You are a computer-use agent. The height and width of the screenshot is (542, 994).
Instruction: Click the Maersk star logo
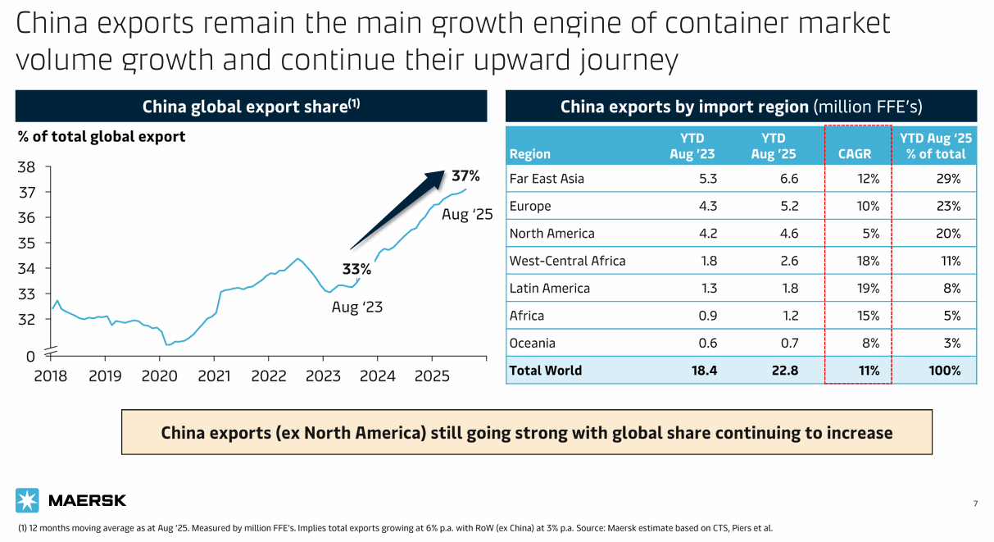(x=28, y=500)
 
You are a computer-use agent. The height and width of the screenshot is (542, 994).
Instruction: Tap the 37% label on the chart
(x=465, y=176)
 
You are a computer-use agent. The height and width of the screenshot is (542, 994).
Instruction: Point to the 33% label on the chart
(x=356, y=269)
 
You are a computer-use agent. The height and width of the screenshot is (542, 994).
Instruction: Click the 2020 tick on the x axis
(x=159, y=376)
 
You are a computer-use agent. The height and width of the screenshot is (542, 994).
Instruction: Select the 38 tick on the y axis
(x=26, y=167)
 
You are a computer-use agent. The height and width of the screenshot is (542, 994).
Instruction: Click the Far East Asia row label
(x=547, y=179)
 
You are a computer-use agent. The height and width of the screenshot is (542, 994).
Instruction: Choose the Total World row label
(x=546, y=371)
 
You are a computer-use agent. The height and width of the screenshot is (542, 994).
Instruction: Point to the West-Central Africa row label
(x=567, y=261)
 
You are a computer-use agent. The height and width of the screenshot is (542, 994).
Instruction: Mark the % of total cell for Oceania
(x=951, y=343)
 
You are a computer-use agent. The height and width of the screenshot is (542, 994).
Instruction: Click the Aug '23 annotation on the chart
(x=357, y=307)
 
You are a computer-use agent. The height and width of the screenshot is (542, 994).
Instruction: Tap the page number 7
(x=975, y=503)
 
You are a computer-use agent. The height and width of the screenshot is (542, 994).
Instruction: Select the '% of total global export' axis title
(x=102, y=137)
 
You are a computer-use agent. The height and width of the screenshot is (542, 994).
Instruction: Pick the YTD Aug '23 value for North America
(x=704, y=234)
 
